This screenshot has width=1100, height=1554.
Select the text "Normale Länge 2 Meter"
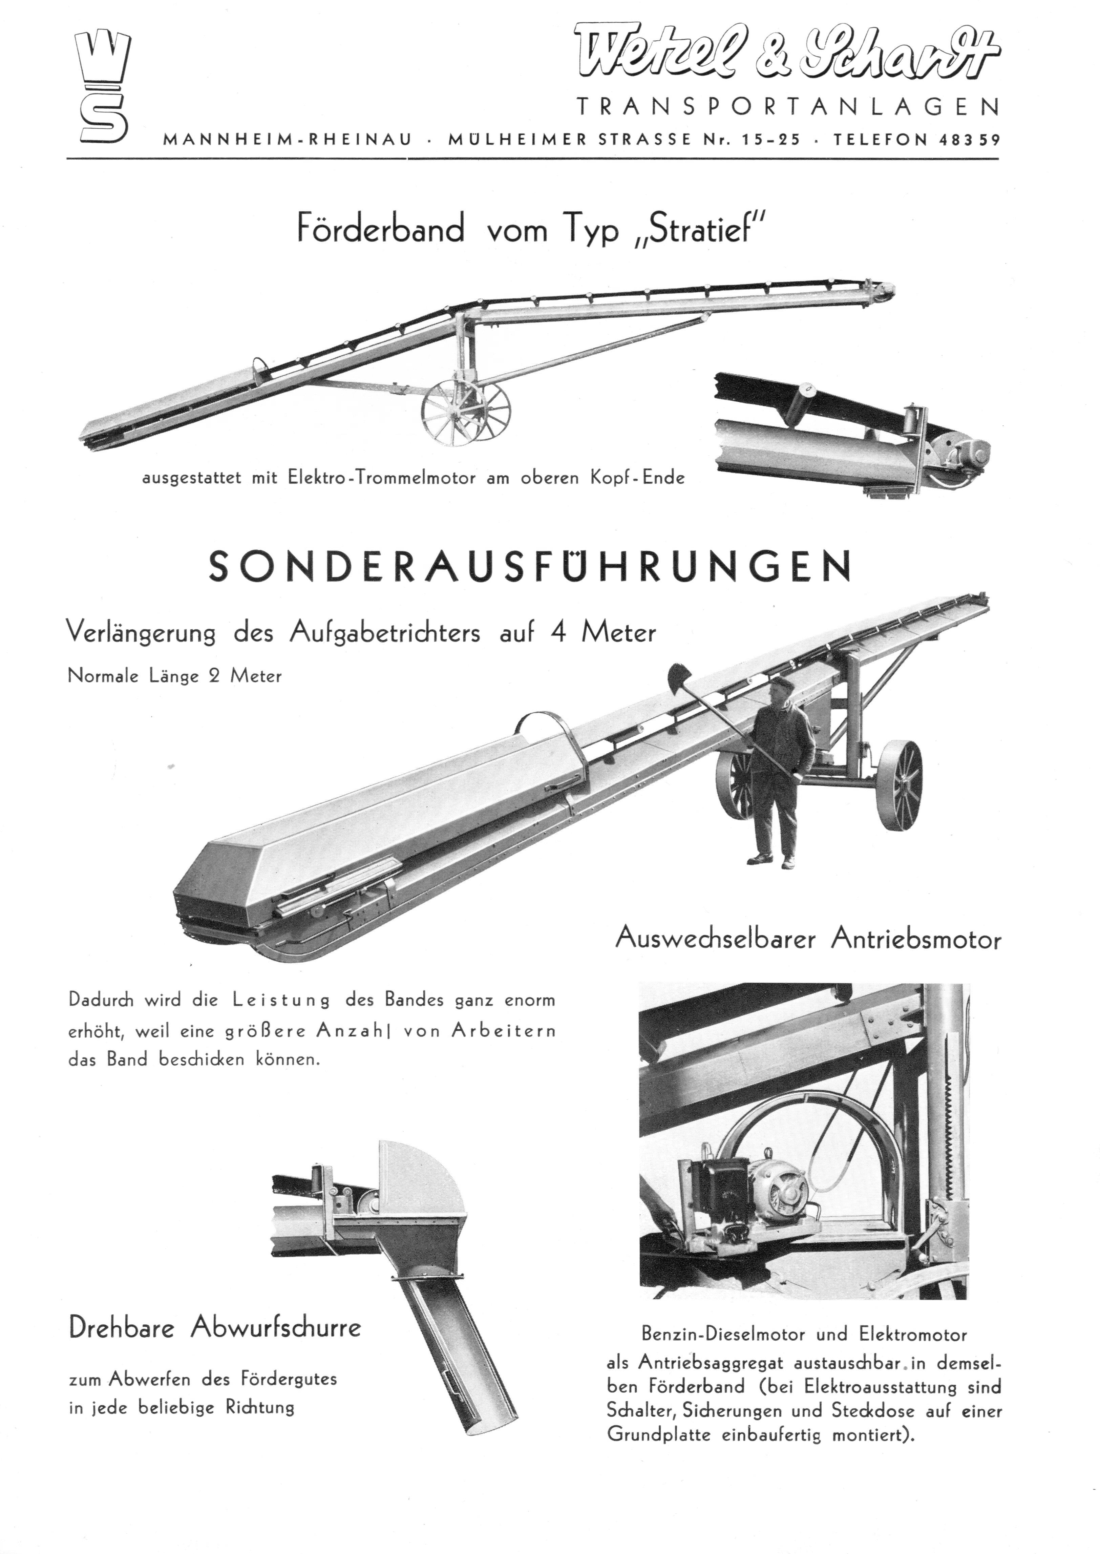click(x=175, y=676)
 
